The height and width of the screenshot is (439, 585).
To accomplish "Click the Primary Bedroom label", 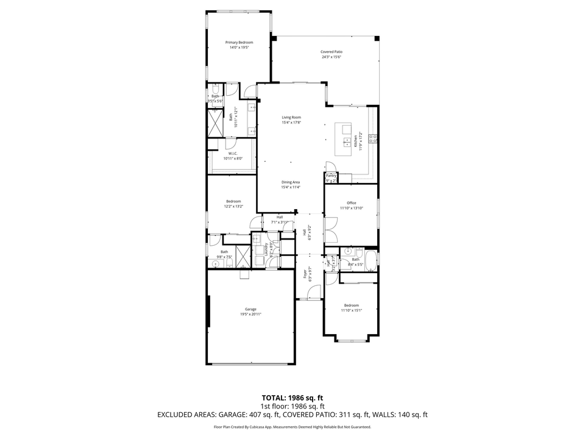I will click(x=239, y=43).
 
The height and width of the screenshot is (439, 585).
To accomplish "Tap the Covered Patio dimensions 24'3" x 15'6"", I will click(x=331, y=57).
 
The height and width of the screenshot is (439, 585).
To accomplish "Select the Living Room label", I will click(x=291, y=118).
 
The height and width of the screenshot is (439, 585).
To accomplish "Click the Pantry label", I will click(x=331, y=176).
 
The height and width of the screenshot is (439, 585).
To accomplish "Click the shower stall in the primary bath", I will click(x=216, y=123).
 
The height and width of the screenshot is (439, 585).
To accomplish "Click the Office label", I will click(x=352, y=203).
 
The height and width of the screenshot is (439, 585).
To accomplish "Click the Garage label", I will click(x=250, y=309).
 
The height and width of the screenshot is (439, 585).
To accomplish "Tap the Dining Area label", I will click(x=291, y=182).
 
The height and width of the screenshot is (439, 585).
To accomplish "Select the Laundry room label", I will click(x=266, y=250).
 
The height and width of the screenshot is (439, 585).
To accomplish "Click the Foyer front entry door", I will click(x=313, y=294).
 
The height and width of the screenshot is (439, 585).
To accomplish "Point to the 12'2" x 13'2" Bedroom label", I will click(x=233, y=201).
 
